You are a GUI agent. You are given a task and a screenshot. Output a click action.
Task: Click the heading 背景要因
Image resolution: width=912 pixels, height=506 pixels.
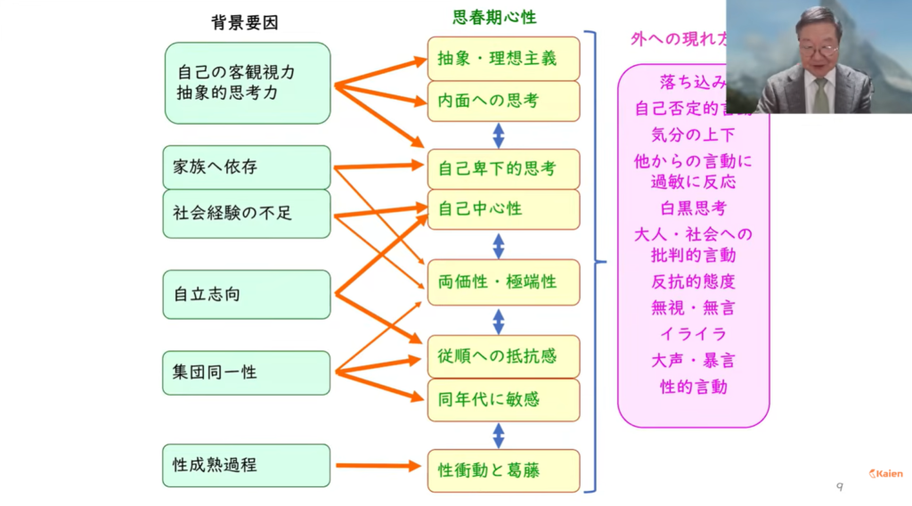click(x=245, y=23)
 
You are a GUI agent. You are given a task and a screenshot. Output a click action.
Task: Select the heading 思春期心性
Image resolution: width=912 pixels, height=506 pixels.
click(x=494, y=17)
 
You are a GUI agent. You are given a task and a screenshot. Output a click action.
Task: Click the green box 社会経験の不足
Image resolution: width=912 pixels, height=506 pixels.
click(x=246, y=213)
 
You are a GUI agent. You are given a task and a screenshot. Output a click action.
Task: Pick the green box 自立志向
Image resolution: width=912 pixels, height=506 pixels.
click(x=246, y=294)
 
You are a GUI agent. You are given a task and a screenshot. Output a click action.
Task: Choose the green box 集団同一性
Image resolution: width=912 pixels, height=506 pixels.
click(x=246, y=371)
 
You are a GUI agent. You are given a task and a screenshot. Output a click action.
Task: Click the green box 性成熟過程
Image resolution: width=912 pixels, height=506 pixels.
click(x=246, y=465)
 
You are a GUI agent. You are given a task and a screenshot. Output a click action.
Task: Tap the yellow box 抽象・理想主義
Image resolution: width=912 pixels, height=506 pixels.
click(x=503, y=58)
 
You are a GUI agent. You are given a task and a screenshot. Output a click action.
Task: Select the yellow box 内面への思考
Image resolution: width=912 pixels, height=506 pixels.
click(x=503, y=101)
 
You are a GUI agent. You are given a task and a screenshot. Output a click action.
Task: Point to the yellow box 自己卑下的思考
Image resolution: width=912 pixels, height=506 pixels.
click(x=503, y=168)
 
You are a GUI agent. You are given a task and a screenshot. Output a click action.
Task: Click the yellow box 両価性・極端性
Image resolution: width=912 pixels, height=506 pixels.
click(x=503, y=282)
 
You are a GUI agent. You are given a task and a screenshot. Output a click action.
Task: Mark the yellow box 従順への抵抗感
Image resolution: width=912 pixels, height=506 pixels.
click(x=503, y=356)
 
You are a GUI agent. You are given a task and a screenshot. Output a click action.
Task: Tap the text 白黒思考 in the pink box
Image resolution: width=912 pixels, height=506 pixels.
click(x=693, y=208)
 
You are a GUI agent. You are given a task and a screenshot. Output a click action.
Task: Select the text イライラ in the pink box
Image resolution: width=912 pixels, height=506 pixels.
click(x=693, y=334)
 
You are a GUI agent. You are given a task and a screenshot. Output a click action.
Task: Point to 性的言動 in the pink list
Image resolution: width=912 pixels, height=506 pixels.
click(x=693, y=387)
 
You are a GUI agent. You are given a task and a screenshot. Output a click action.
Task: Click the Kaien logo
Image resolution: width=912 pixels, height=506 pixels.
click(x=885, y=474)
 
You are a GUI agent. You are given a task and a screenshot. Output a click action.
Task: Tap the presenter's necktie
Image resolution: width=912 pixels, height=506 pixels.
click(x=820, y=95)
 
